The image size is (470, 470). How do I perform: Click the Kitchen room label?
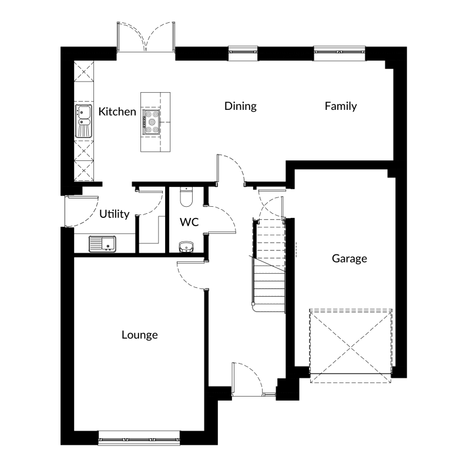pyautogui.click(x=117, y=112)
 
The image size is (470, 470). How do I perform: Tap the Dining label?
pyautogui.click(x=240, y=106)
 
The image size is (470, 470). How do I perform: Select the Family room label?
pyautogui.click(x=341, y=106)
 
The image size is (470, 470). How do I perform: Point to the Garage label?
pyautogui.click(x=350, y=258)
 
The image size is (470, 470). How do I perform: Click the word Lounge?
pyautogui.click(x=140, y=335)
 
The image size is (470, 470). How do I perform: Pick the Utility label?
pyautogui.click(x=114, y=214)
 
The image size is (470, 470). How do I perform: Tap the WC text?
pyautogui.click(x=189, y=222)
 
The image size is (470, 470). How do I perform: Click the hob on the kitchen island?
pyautogui.click(x=152, y=122)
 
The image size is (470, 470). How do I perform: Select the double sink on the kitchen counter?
pyautogui.click(x=83, y=121)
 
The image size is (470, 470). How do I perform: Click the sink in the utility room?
pyautogui.click(x=102, y=244)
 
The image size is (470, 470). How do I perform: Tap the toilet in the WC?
pyautogui.click(x=186, y=197)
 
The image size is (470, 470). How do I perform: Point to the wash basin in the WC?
pyautogui.click(x=186, y=247)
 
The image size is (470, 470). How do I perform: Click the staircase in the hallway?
pyautogui.click(x=269, y=266)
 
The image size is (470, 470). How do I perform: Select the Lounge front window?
pyautogui.click(x=139, y=438)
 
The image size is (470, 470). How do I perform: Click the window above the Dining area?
pyautogui.click(x=243, y=53)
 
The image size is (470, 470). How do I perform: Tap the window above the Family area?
pyautogui.click(x=340, y=53)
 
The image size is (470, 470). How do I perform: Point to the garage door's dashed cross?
pyautogui.click(x=351, y=348)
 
